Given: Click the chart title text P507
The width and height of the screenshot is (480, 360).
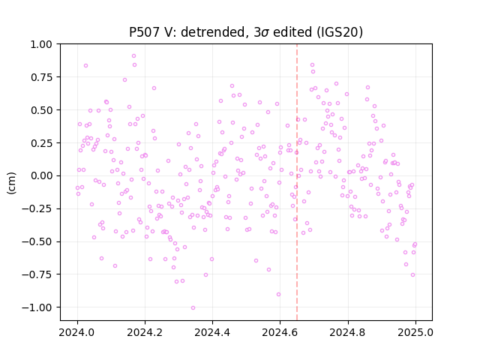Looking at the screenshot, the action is point(145,32).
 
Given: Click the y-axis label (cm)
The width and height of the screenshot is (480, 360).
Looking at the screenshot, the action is point(11,183).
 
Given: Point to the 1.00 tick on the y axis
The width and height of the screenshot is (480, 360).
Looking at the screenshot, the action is point(41,44).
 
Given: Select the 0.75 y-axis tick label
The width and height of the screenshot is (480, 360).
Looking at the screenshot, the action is point(41,77).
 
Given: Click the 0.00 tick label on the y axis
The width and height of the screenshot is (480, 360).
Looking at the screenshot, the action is point(41,175).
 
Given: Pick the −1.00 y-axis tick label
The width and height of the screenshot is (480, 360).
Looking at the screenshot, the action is point(37,307).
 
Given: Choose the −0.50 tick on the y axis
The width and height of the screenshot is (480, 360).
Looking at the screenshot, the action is point(37,241).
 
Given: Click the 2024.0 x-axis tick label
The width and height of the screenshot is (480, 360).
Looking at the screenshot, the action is point(77,332).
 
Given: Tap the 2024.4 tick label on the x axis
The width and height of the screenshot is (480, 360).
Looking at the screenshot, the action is point(212,332).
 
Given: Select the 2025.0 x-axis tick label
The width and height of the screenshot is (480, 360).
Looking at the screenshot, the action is point(415,332).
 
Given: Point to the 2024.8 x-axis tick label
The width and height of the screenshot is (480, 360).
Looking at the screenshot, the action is point(348,332).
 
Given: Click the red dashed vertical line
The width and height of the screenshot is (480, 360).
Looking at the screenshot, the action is point(297,182).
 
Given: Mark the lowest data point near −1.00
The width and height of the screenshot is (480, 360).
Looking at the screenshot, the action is point(193,308).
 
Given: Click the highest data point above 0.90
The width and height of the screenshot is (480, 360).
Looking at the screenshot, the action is point(133,56).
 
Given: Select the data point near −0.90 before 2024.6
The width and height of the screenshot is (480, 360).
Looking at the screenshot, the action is point(278,295).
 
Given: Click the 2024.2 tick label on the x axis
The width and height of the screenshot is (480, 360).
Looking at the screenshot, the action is point(145,332).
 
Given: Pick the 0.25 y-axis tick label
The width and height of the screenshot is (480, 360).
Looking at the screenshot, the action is point(41,143).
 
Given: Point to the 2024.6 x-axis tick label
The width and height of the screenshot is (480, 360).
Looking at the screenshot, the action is point(280,332).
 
